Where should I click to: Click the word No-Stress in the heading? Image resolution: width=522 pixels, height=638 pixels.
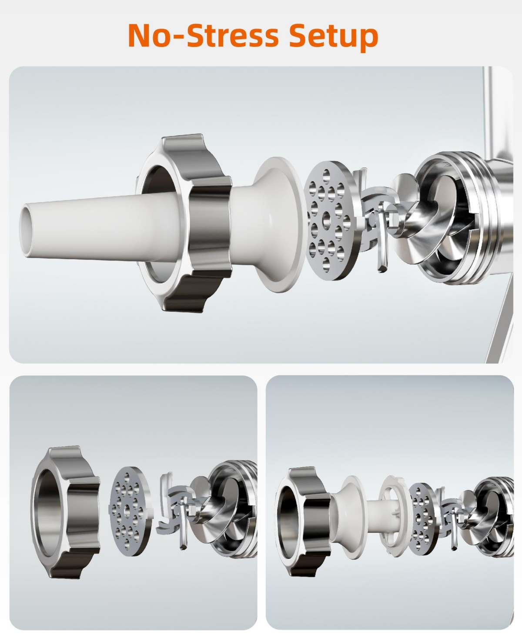click(x=203, y=35)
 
